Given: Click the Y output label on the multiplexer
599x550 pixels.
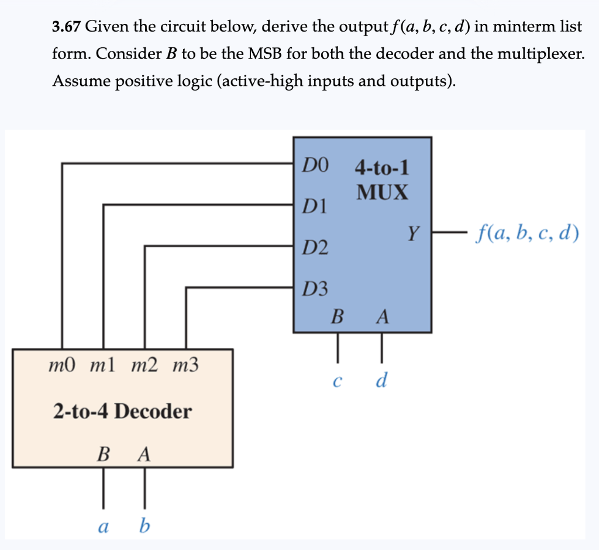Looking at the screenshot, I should click(414, 234).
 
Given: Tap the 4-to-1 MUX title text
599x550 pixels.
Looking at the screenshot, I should click(382, 180).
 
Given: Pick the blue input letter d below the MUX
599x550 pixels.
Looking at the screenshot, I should click(381, 380).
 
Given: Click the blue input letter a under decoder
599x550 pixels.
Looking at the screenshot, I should click(104, 527).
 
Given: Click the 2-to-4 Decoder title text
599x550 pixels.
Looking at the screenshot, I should click(122, 411).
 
